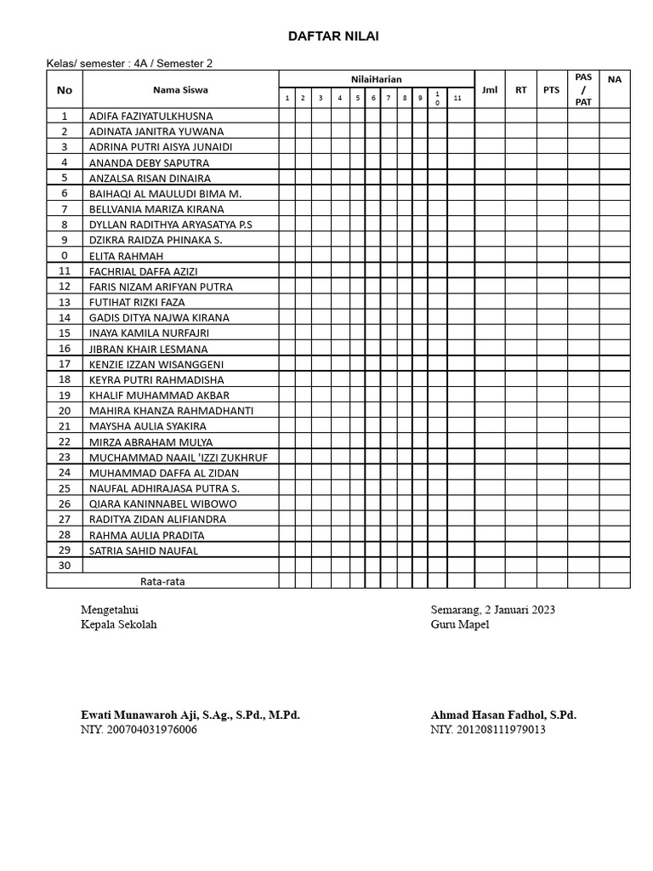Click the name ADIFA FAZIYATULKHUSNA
point(150,116)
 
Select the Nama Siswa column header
point(180,89)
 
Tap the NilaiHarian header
point(376,79)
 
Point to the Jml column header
point(489,89)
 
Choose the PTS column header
point(551,89)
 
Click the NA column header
point(614,79)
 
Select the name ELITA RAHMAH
point(126,255)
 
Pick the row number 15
point(65,333)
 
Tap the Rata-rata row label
point(162,582)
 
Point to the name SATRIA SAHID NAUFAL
point(143,550)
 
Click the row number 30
point(65,566)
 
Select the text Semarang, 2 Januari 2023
point(493,610)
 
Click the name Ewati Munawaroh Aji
point(190,715)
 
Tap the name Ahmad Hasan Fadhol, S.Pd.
point(503,715)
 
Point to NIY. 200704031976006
point(138,730)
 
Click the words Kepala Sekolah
point(118,624)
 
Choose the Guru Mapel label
point(459,624)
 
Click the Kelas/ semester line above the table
point(129,63)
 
